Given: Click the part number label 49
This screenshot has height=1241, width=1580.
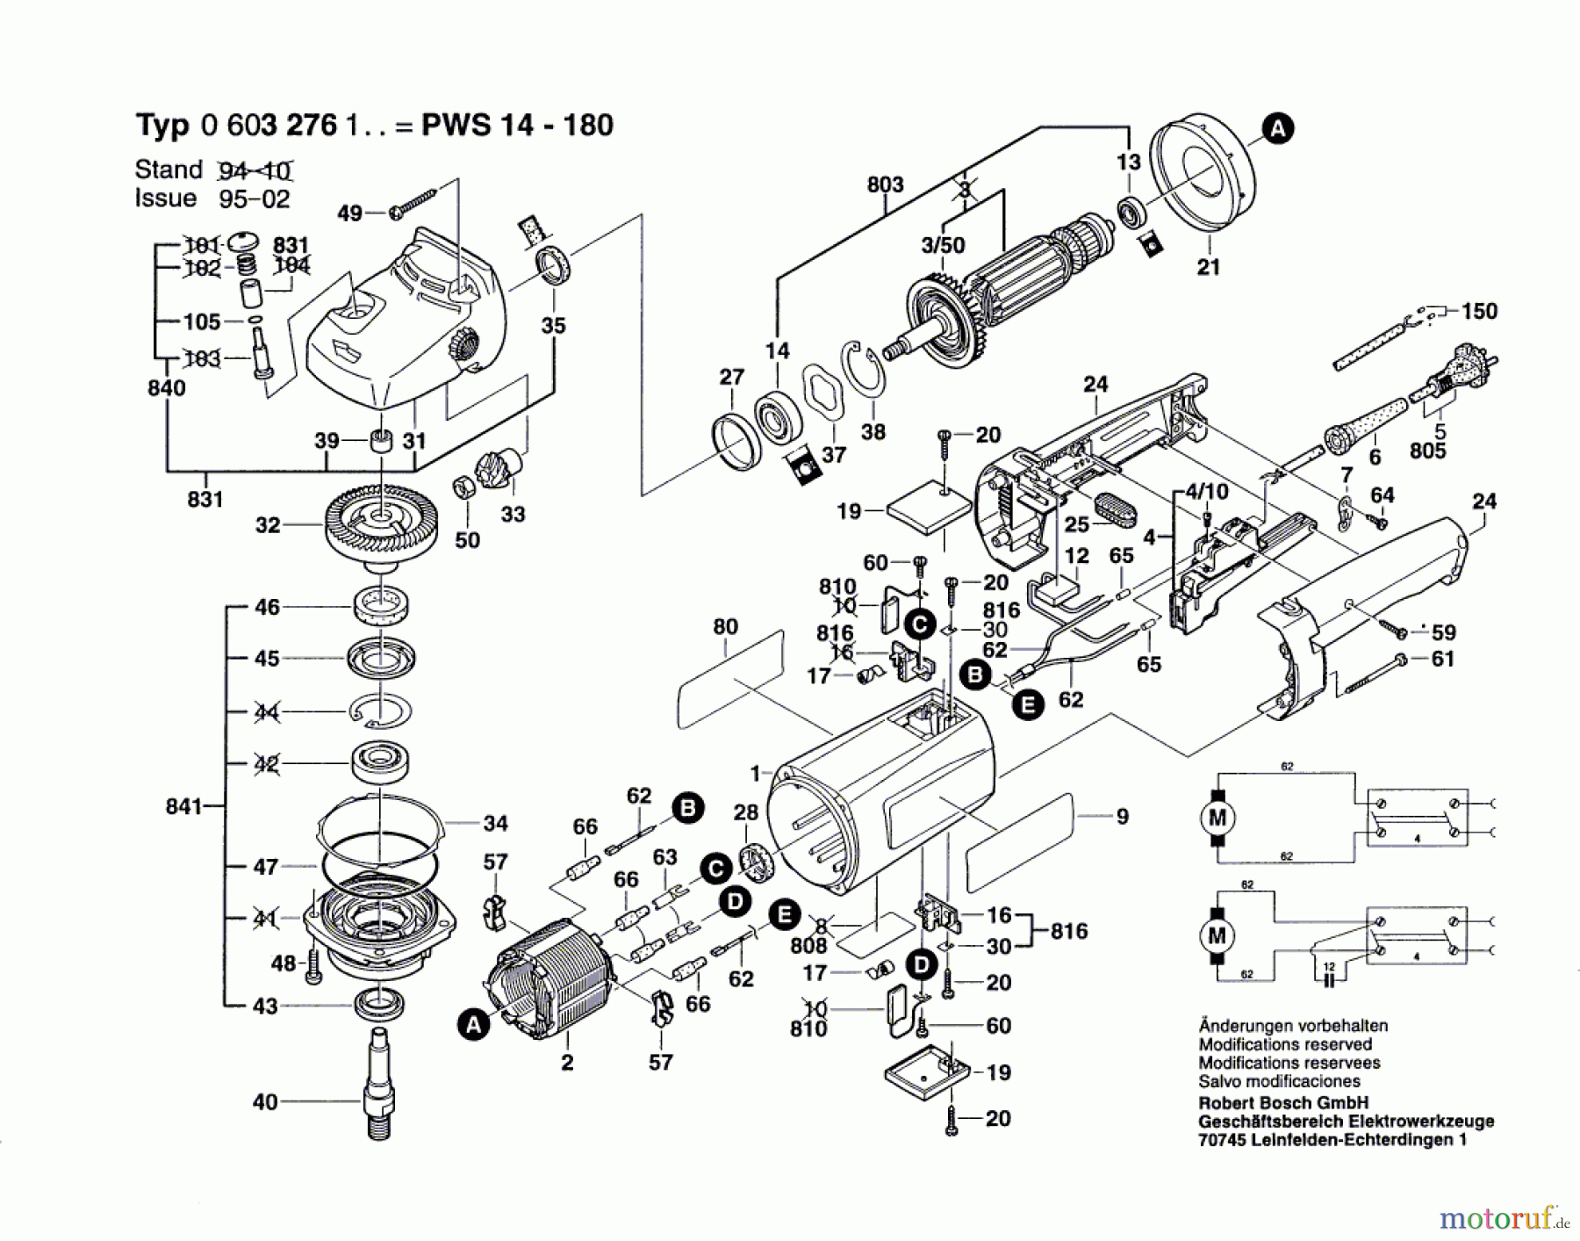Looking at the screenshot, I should click(349, 213).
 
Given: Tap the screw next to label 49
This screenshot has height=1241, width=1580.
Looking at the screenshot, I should click(414, 201).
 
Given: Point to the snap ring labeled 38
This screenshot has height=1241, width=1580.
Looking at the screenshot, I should click(865, 368).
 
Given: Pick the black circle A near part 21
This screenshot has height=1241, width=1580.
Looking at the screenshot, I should click(1277, 129).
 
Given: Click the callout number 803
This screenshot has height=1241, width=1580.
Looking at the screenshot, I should click(884, 184).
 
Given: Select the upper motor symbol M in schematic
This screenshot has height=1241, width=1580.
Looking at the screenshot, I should click(1217, 818).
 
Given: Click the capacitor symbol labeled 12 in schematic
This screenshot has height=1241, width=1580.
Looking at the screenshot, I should click(1328, 976).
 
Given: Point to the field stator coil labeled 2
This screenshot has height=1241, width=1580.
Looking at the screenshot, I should click(553, 984).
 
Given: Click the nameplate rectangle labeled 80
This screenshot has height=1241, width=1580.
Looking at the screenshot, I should click(730, 681).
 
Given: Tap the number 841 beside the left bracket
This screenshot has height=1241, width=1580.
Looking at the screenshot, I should click(183, 805).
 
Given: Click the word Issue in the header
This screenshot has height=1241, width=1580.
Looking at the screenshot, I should click(165, 198).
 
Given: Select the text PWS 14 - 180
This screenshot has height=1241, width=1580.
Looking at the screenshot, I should click(517, 125).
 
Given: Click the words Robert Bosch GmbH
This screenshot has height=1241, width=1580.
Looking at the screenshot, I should click(1283, 1103).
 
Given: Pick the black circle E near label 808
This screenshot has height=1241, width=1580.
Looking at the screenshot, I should click(783, 914).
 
